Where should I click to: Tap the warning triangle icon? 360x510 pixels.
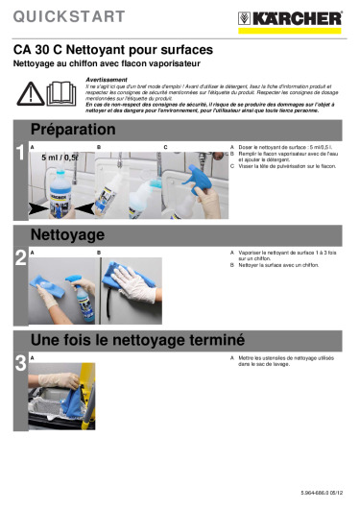(30, 92)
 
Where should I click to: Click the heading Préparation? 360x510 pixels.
(73, 130)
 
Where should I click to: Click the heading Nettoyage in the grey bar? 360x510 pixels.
(67, 234)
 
